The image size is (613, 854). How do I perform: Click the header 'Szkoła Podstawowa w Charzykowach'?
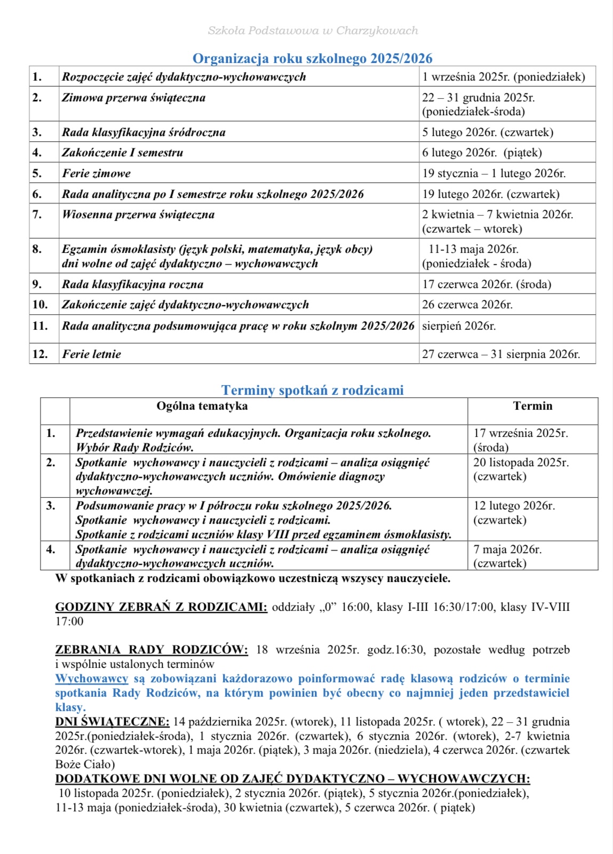click(x=313, y=30)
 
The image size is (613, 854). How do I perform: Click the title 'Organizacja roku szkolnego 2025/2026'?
click(x=312, y=58)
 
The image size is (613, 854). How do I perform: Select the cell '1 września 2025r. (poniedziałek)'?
click(x=503, y=77)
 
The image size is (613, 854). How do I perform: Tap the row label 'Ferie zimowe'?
click(x=96, y=173)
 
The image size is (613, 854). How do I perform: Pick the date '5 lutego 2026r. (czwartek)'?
click(x=488, y=132)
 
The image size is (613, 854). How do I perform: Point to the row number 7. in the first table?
click(x=37, y=214)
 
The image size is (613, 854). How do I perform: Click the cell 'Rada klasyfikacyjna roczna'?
click(x=132, y=284)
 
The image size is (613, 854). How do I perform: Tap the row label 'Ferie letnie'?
click(x=91, y=354)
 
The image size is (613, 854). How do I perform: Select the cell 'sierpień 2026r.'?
click(x=459, y=326)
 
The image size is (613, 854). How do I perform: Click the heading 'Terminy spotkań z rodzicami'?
click(x=312, y=390)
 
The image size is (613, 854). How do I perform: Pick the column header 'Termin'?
click(x=532, y=406)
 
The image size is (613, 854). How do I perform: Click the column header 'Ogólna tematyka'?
click(x=202, y=406)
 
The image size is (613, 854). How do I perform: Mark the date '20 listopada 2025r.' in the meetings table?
click(x=521, y=462)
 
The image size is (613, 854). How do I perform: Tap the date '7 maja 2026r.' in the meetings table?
click(x=507, y=549)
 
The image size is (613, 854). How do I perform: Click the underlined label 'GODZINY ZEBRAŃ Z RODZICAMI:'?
click(x=161, y=607)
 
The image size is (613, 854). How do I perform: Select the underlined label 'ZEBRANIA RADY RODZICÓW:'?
click(x=152, y=650)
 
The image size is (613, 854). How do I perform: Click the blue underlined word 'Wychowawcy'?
click(x=92, y=679)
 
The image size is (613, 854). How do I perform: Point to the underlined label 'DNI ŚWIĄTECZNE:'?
click(x=112, y=722)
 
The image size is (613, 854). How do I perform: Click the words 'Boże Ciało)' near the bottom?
click(x=85, y=764)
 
